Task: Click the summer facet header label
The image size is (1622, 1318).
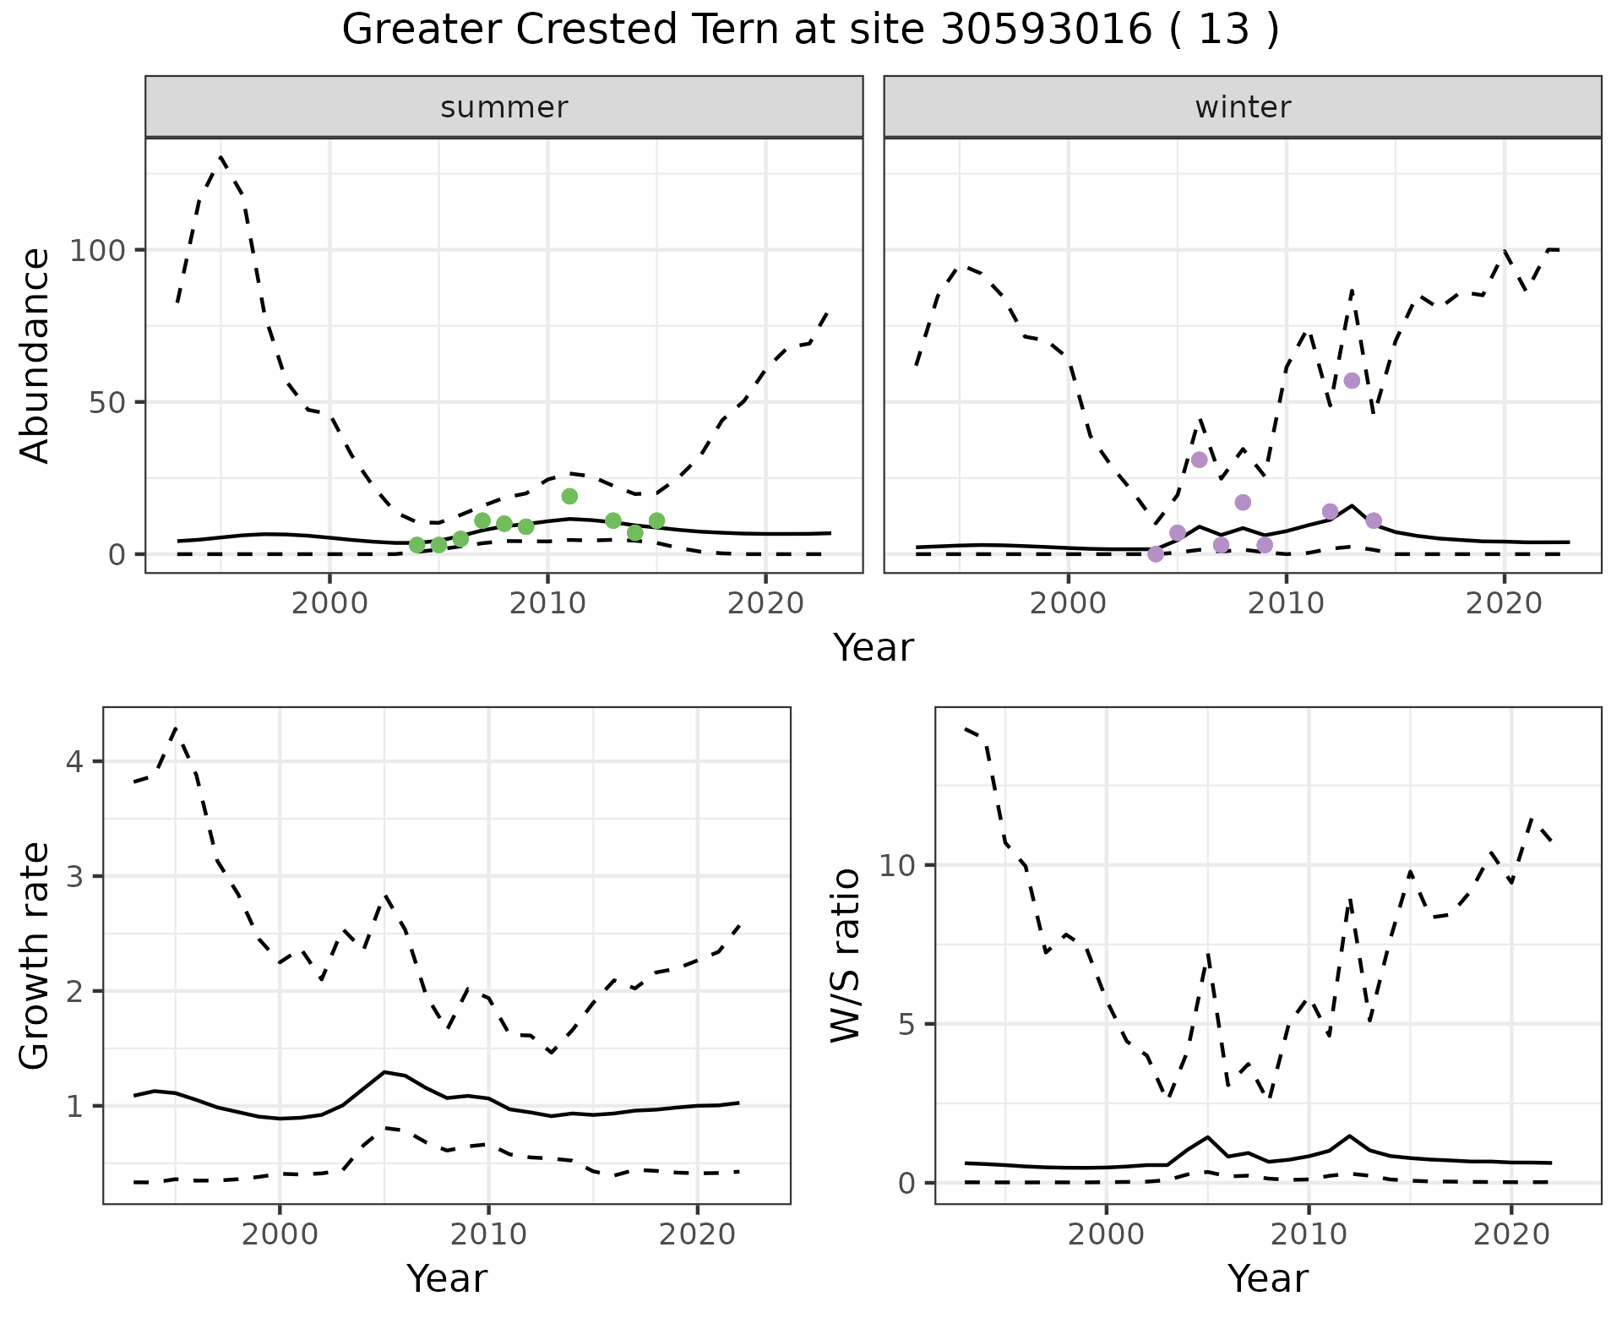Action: click(504, 107)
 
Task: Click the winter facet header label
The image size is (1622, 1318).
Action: click(1243, 107)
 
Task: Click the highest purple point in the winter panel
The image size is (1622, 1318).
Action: click(1352, 380)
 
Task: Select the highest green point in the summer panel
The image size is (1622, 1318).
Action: click(569, 496)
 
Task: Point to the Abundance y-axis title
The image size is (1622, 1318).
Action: click(35, 356)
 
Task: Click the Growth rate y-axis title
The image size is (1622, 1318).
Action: click(35, 956)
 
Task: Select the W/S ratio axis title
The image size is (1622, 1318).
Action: click(846, 956)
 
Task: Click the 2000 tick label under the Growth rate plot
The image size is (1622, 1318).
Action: click(280, 1234)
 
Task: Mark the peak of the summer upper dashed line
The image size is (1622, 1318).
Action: click(221, 156)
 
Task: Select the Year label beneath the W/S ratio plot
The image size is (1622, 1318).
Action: click(1268, 1278)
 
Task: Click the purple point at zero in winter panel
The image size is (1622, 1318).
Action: click(1156, 554)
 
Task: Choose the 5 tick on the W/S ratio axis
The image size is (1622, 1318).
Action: click(906, 1025)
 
